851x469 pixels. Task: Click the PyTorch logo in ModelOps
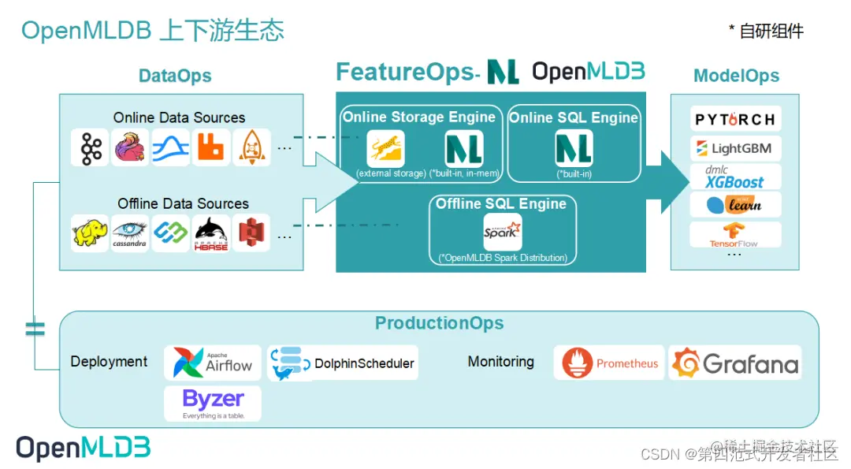[735, 120]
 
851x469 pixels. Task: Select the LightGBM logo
[735, 148]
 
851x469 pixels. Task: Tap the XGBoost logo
[735, 177]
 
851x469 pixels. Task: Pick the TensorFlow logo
[735, 234]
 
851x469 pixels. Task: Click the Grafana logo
[735, 363]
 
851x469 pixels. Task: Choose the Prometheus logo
[609, 363]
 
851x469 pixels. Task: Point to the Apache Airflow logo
[213, 363]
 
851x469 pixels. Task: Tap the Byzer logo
[213, 403]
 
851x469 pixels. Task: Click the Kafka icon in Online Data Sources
[90, 147]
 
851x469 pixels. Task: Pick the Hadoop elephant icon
[90, 233]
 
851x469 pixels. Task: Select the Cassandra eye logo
[130, 233]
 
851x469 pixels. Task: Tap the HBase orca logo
[210, 233]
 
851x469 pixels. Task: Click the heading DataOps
[175, 76]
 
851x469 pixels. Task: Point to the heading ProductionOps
[439, 323]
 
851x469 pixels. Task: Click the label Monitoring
[500, 362]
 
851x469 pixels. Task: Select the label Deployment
[109, 362]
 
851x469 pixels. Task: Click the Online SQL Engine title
[573, 117]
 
